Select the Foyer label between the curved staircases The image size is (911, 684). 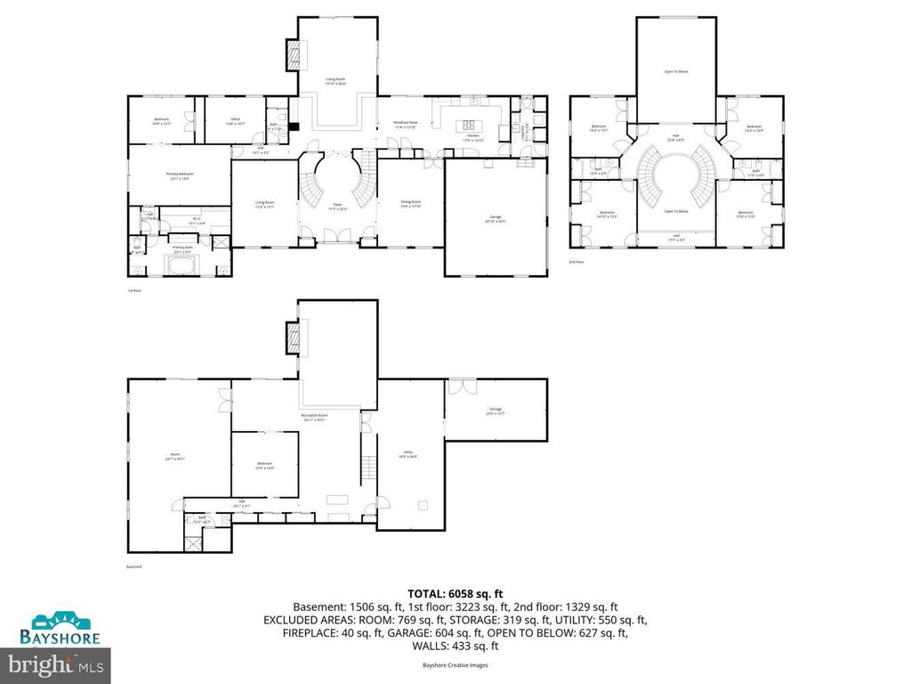(x=338, y=207)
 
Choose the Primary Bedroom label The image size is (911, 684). (x=181, y=176)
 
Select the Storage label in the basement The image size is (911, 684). (x=495, y=411)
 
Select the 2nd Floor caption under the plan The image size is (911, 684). (x=576, y=262)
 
